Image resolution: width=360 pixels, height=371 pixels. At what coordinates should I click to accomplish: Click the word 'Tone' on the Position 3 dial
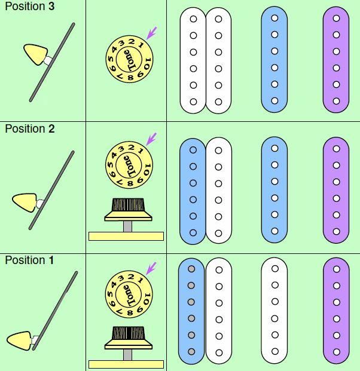coord(127,59)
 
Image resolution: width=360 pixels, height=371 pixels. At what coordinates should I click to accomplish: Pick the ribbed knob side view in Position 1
coord(127,337)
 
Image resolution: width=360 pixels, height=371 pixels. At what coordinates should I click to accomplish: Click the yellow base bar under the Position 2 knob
coord(126,236)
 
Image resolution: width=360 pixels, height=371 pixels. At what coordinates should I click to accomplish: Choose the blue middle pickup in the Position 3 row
coord(274,60)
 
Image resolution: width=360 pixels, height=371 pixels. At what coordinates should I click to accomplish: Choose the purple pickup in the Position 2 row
coord(335,190)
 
